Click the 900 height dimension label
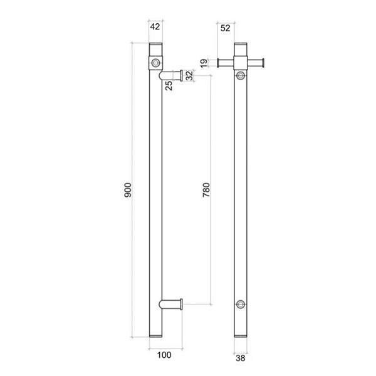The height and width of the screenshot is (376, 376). click(127, 192)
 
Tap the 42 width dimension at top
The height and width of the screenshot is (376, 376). click(155, 27)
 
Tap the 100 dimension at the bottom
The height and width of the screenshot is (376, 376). click(164, 355)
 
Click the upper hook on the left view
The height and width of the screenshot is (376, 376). click(172, 75)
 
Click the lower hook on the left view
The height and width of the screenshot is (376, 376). click(172, 305)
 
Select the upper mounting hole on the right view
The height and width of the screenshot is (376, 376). click(241, 76)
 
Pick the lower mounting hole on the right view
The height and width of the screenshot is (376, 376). click(241, 305)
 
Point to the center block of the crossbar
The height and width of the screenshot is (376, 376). click(241, 62)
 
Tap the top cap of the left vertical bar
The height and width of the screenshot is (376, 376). click(155, 48)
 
